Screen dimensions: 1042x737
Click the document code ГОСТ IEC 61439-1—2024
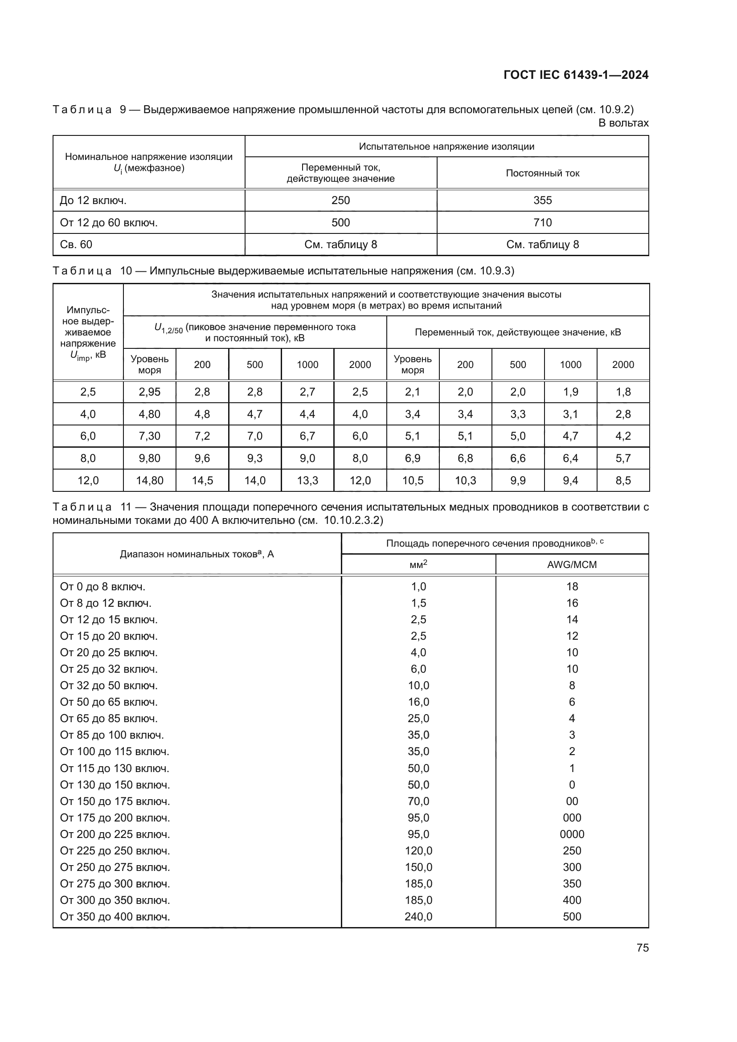(575, 75)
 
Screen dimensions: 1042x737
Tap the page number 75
(642, 948)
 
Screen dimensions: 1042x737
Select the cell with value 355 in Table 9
(542, 200)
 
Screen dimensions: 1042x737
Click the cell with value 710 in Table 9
(542, 222)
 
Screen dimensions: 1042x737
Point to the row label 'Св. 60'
(76, 245)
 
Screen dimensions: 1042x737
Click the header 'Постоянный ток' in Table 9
(542, 173)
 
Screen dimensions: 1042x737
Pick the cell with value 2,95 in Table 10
(149, 392)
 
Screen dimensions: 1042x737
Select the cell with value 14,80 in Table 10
(149, 480)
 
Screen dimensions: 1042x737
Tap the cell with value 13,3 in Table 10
(307, 480)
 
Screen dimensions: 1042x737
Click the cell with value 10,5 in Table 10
(413, 480)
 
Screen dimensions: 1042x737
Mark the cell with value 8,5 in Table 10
(623, 480)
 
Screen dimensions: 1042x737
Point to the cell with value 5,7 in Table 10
(623, 458)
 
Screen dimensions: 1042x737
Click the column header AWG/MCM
(572, 564)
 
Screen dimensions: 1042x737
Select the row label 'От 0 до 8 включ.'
(102, 587)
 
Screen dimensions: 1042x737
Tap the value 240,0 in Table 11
(418, 916)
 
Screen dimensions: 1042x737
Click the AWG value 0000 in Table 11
(572, 834)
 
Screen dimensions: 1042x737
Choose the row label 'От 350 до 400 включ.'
(115, 916)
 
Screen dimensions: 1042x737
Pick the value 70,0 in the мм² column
(418, 801)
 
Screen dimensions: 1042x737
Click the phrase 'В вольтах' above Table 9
(623, 123)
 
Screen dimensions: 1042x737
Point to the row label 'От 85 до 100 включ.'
(112, 735)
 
